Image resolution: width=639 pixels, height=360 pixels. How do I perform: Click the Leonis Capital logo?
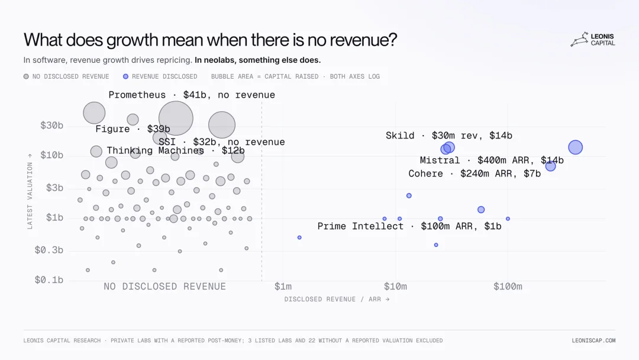[x=592, y=39]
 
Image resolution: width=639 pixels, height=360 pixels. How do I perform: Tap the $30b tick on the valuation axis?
[x=51, y=126]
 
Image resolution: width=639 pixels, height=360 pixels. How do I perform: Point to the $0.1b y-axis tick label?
[x=49, y=280]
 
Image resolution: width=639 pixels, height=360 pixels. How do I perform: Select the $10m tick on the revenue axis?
[x=395, y=287]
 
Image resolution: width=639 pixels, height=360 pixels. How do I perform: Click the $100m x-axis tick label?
[x=508, y=287]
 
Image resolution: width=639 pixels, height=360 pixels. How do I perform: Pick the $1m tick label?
[x=283, y=287]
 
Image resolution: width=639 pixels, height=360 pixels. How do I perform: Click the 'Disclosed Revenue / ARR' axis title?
[x=337, y=299]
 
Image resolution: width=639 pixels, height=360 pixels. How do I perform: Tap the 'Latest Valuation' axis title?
[x=30, y=192]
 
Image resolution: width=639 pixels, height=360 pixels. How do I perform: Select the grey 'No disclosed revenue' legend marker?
[x=26, y=76]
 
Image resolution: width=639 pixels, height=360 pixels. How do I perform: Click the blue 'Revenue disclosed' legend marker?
[x=125, y=76]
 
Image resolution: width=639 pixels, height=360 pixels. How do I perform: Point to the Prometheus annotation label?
[x=192, y=95]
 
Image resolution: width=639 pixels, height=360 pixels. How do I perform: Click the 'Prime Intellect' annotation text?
[x=360, y=226]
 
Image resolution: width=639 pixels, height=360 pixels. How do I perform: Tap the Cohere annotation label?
[x=475, y=173]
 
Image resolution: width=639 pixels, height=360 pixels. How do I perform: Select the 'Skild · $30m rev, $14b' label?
[x=448, y=136]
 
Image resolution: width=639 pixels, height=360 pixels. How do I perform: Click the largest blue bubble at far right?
[x=576, y=147]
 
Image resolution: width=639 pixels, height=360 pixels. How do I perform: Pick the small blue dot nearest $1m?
[x=299, y=237]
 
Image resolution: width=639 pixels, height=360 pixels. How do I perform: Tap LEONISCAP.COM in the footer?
[x=593, y=340]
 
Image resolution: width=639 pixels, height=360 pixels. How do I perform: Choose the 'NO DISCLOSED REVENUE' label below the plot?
[x=164, y=287]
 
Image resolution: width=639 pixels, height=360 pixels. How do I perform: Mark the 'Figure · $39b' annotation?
[x=133, y=129]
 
